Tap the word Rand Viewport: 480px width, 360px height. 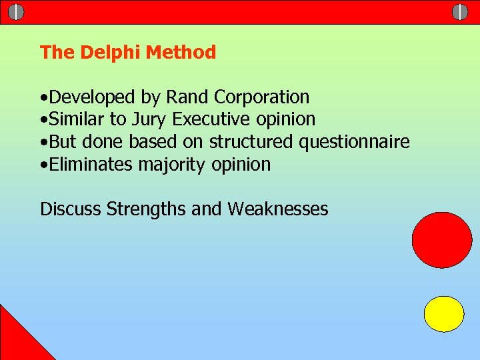click(187, 97)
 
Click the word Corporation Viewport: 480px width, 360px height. click(261, 97)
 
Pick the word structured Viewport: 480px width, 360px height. click(251, 142)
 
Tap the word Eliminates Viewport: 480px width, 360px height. click(91, 165)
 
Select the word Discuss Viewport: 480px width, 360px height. click(71, 209)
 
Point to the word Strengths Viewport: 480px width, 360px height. click(146, 210)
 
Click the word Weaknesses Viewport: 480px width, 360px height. click(277, 209)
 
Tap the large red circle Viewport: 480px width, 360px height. click(441, 239)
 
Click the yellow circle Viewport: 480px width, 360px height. click(444, 314)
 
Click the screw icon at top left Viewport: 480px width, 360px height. click(17, 12)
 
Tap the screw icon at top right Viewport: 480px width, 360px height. click(460, 12)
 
